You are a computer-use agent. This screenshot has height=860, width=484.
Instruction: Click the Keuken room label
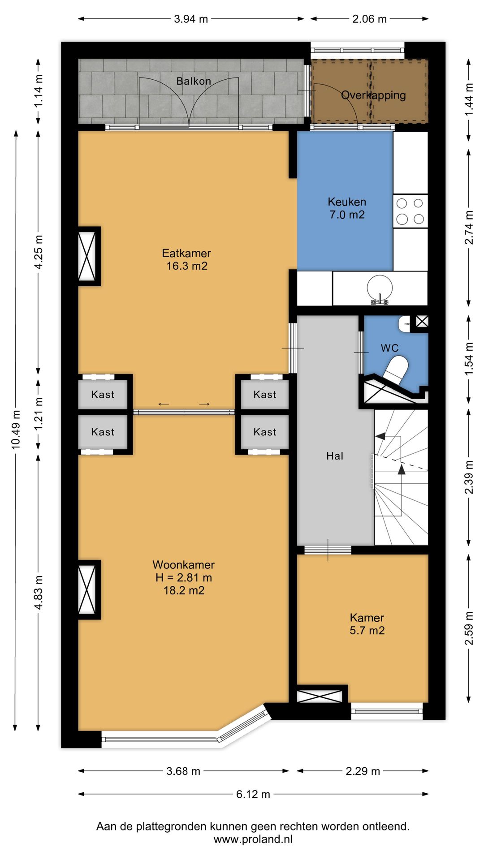pos(347,202)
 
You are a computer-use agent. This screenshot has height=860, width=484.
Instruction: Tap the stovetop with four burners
pos(411,211)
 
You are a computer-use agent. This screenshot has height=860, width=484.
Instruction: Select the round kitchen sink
pos(380,287)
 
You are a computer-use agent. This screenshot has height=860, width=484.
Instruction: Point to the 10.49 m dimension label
pos(16,429)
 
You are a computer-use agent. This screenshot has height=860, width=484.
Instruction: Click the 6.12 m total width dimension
pos(253,794)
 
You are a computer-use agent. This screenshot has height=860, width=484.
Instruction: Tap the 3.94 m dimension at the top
pos(191,19)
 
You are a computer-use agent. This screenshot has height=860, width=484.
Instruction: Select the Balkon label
pos(194,81)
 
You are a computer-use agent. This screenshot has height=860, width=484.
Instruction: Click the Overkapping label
pos(373,95)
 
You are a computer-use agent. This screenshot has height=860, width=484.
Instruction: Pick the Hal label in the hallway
pos(335,456)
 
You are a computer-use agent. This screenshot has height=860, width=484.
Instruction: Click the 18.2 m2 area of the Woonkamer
pos(184,590)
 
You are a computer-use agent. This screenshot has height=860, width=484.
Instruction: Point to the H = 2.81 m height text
pos(184,578)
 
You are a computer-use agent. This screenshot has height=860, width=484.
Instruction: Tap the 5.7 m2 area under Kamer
pos(367,631)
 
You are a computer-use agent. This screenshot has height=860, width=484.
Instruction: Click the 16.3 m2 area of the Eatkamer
pos(187,266)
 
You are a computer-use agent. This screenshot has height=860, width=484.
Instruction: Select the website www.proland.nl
pos(253,839)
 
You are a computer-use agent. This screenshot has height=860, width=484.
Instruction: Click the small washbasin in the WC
pos(404,323)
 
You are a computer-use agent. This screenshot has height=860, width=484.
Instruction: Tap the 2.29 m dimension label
pos(363,771)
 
